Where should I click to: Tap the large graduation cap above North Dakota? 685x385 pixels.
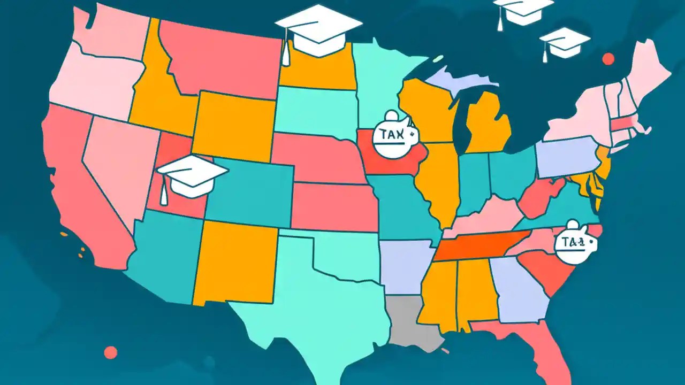[319, 29]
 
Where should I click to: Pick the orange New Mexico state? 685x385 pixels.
[235, 262]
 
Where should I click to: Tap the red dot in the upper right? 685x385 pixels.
[608, 58]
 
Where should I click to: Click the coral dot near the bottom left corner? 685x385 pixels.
[110, 352]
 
